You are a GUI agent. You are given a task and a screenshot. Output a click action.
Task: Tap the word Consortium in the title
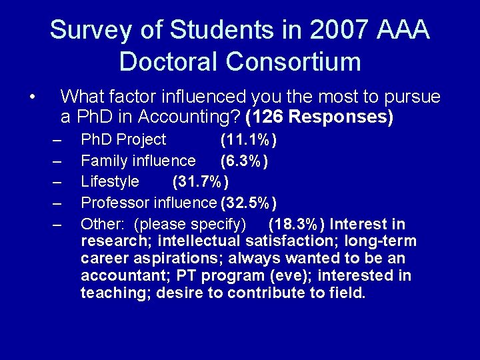pyautogui.click(x=293, y=62)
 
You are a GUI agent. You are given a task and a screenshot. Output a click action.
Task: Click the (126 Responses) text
pyautogui.click(x=319, y=117)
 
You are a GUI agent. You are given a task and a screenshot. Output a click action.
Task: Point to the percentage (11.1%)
pyautogui.click(x=249, y=140)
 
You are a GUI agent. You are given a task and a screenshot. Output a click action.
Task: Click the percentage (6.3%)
pyautogui.click(x=245, y=161)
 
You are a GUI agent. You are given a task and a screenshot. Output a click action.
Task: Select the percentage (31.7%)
pyautogui.click(x=201, y=181)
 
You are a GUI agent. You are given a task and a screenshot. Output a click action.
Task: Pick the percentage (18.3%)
pyautogui.click(x=297, y=223)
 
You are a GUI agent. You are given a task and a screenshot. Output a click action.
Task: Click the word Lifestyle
pyautogui.click(x=110, y=181)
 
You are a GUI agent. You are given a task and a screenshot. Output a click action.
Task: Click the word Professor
pyautogui.click(x=115, y=203)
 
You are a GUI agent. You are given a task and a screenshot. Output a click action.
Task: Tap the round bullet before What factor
pyautogui.click(x=32, y=99)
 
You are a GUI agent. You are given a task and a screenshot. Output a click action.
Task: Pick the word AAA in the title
pyautogui.click(x=403, y=31)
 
